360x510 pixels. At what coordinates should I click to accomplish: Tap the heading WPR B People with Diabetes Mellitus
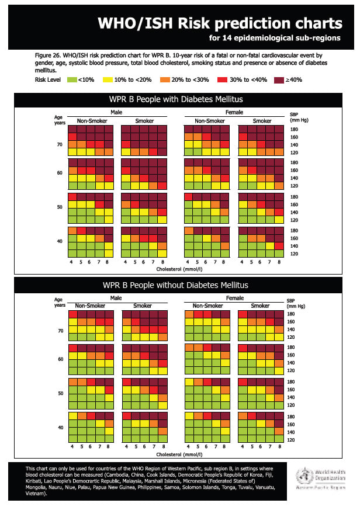[176, 99]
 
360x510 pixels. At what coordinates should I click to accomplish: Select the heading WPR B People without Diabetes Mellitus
[176, 285]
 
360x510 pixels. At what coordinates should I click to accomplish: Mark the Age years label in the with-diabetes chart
[59, 119]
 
